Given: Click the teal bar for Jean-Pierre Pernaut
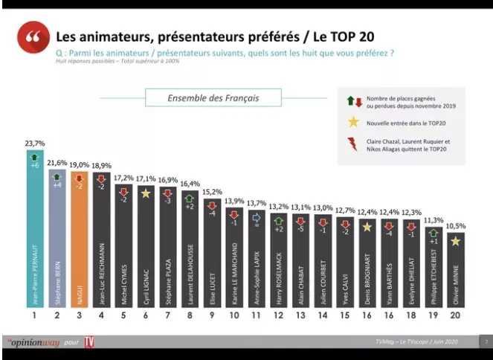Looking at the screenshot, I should click(35, 238).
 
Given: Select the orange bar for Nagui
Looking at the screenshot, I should click(80, 245).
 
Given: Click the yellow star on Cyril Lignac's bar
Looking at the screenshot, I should click(146, 193).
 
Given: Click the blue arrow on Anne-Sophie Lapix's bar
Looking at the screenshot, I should click(256, 218).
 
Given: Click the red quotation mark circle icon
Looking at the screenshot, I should click(30, 38).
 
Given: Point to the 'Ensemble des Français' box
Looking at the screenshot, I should click(213, 97).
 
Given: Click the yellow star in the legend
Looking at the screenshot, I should click(353, 122).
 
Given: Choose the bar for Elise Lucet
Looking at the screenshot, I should click(212, 260).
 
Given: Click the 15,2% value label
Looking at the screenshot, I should click(212, 191).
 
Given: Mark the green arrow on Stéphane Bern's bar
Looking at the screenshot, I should click(57, 176).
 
